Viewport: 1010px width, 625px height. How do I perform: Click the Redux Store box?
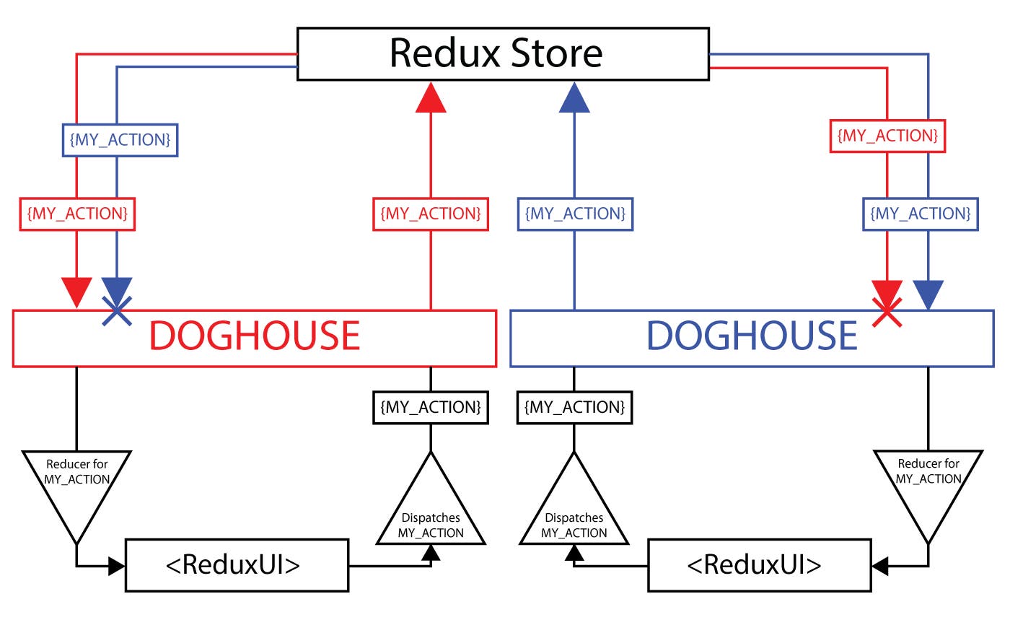(x=503, y=54)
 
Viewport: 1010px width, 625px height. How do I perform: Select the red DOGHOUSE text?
(x=254, y=336)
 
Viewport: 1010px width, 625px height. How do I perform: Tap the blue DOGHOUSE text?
(x=752, y=336)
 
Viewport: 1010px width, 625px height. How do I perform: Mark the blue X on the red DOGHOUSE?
(x=117, y=311)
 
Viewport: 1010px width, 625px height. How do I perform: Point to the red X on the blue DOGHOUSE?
(x=887, y=312)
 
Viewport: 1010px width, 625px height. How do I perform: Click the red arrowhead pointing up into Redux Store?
(x=431, y=98)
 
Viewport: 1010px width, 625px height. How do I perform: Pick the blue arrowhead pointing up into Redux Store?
(x=575, y=98)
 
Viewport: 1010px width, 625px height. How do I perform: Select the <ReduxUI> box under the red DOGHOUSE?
(x=237, y=565)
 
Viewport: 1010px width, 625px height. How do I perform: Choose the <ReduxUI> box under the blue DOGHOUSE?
(x=759, y=565)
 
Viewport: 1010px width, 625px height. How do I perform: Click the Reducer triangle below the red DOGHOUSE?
(x=76, y=484)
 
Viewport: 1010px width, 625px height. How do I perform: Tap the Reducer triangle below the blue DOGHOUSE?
(x=928, y=484)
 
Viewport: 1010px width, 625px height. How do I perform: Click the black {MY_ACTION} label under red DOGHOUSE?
(x=431, y=407)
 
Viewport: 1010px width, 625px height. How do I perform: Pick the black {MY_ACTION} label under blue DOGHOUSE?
(x=574, y=407)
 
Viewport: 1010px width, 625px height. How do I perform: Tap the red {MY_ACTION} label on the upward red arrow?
(x=431, y=214)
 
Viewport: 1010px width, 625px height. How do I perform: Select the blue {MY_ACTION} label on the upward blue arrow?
(x=575, y=214)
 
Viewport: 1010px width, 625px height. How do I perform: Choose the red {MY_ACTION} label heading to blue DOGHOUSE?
(x=887, y=136)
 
